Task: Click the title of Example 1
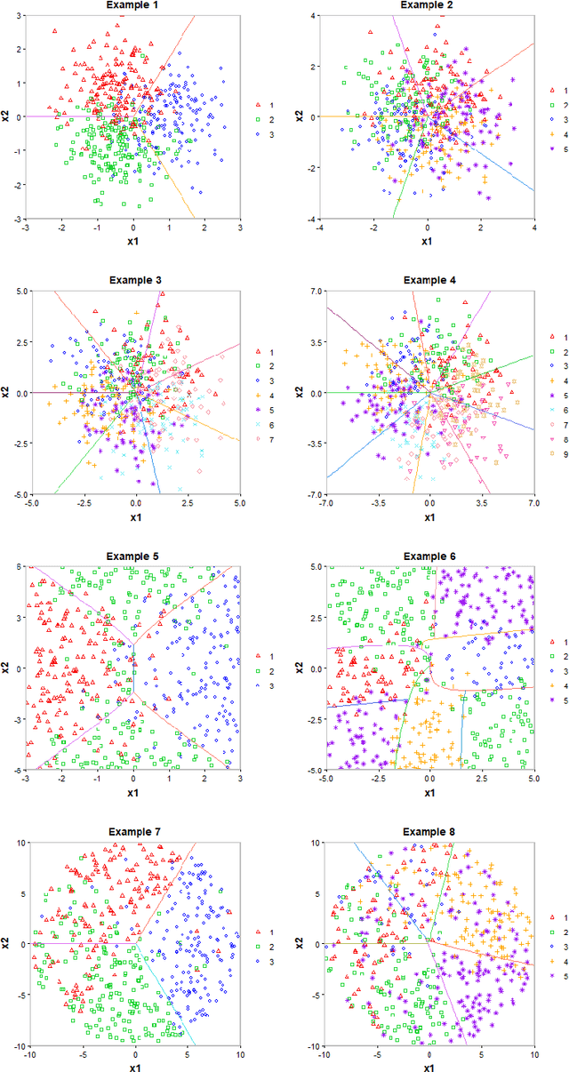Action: [133, 5]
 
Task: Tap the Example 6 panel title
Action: [428, 556]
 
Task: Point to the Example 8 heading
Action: [428, 832]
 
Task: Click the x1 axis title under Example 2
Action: [428, 242]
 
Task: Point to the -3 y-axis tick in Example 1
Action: [17, 219]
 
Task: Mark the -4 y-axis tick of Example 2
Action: [309, 219]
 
